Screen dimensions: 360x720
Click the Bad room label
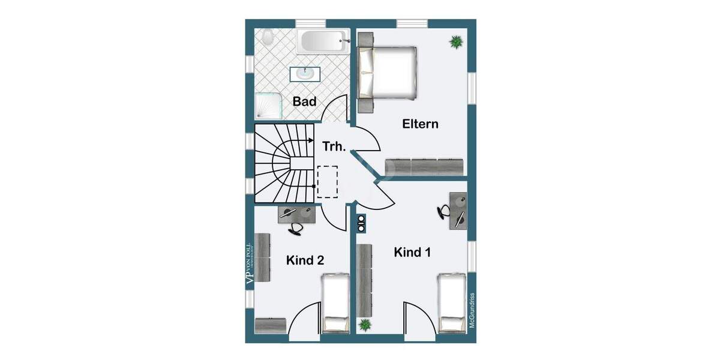pyautogui.click(x=304, y=102)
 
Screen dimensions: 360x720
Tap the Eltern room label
pyautogui.click(x=420, y=124)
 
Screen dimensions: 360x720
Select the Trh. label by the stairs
pyautogui.click(x=334, y=146)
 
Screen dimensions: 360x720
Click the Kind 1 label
pyautogui.click(x=412, y=253)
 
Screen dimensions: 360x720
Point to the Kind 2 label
pyautogui.click(x=305, y=260)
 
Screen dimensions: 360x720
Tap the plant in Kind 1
pyautogui.click(x=364, y=325)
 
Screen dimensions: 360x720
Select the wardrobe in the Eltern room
pyautogui.click(x=425, y=166)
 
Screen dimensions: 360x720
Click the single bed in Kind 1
pyautogui.click(x=453, y=303)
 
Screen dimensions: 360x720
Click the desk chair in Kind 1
pyautogui.click(x=443, y=211)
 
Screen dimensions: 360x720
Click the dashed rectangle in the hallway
pyautogui.click(x=328, y=181)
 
